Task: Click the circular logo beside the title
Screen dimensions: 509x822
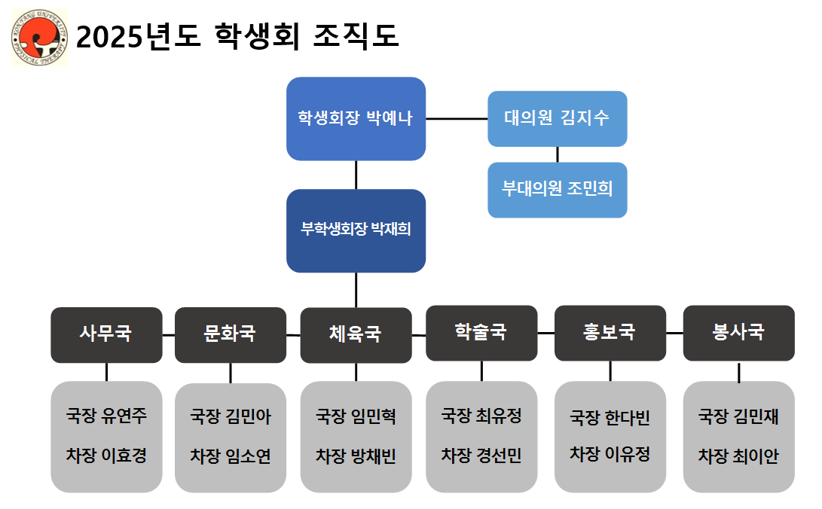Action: [40, 38]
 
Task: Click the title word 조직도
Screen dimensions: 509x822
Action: [355, 36]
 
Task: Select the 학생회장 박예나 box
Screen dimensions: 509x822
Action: [356, 118]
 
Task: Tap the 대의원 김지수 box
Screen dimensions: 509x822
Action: [557, 118]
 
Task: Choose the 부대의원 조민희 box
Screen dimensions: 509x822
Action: [557, 189]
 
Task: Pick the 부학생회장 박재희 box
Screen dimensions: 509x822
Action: [356, 230]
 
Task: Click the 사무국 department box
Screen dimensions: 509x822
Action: [106, 334]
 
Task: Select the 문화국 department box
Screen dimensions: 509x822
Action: [230, 334]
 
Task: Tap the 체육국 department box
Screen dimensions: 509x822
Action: [356, 334]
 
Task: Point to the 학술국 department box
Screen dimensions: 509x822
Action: [481, 332]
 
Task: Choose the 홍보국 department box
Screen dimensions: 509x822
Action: [610, 332]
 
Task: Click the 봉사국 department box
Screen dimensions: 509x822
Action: [738, 332]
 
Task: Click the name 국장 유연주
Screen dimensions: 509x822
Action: [106, 416]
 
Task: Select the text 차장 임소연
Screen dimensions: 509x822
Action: [230, 456]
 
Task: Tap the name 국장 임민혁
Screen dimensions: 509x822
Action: [356, 416]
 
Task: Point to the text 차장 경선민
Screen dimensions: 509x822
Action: [481, 456]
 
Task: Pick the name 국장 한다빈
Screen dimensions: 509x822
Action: [610, 417]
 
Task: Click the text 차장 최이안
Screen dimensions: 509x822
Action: [738, 456]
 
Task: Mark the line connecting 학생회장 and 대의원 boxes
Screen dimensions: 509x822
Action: [457, 118]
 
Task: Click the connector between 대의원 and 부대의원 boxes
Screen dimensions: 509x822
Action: [558, 154]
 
